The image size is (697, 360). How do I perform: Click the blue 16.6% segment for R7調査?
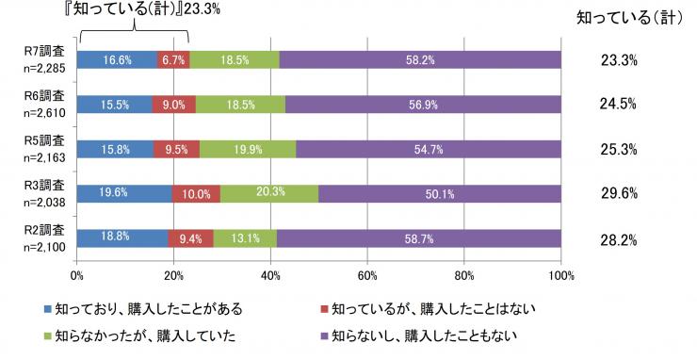116,59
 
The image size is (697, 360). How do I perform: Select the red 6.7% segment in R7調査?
173,59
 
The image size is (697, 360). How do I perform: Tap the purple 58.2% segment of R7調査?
420,59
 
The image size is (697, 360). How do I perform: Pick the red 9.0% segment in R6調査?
174,104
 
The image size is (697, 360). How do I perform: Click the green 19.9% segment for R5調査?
248,148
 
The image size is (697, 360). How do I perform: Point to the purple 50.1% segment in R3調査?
440,193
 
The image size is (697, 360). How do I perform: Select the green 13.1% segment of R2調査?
245,237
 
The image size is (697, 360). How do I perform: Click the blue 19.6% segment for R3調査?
123,193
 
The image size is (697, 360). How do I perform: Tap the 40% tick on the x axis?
270,275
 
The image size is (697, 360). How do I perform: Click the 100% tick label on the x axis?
560,275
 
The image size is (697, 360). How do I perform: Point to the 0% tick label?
76,275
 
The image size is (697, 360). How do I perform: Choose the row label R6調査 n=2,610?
43,105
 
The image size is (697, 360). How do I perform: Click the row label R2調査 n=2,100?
43,238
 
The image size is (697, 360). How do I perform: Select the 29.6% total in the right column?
619,194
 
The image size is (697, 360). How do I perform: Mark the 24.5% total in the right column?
619,105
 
